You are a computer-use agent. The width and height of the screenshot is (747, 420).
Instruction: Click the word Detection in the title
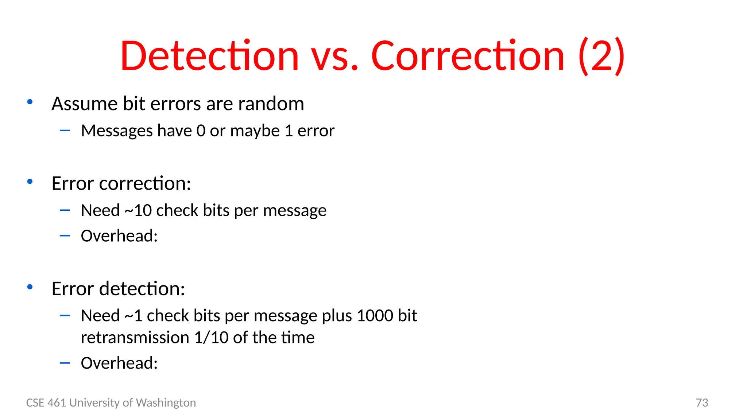[x=209, y=57]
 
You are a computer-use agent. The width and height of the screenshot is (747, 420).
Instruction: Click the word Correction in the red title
[x=468, y=57]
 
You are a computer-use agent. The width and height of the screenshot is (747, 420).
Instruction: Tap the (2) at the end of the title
[x=602, y=57]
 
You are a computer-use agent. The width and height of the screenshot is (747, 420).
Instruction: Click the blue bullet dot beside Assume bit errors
[x=30, y=102]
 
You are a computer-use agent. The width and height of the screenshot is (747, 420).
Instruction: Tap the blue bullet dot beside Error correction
[x=30, y=182]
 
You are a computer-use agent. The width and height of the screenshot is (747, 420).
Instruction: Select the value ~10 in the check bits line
[x=138, y=211]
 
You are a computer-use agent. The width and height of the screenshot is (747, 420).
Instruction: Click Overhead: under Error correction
[x=119, y=236]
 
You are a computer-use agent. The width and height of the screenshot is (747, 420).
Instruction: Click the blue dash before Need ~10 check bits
[x=65, y=210]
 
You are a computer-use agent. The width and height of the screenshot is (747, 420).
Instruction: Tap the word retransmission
[x=135, y=338]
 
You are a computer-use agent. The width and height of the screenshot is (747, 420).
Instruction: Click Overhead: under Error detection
[x=119, y=363]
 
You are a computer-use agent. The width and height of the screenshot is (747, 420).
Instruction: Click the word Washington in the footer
[x=166, y=402]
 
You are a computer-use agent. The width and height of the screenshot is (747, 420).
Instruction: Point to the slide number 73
[x=702, y=402]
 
